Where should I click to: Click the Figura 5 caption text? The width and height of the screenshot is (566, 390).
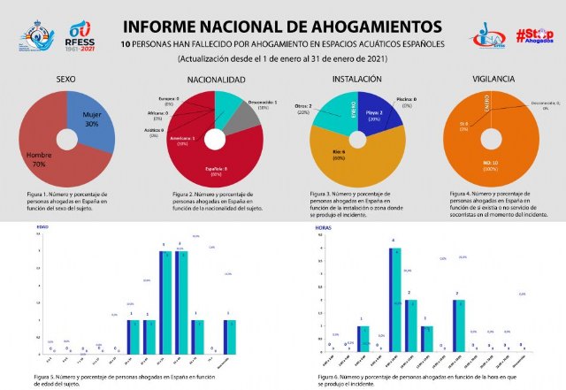point(129,379)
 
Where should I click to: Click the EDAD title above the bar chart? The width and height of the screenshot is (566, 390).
point(42,227)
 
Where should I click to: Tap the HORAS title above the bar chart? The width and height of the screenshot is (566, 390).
point(325,227)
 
